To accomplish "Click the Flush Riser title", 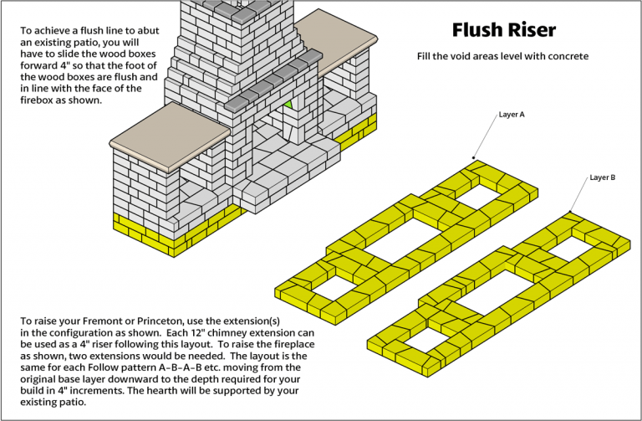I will (503, 30).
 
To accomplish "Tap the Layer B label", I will (602, 177).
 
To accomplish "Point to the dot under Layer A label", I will (473, 157).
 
